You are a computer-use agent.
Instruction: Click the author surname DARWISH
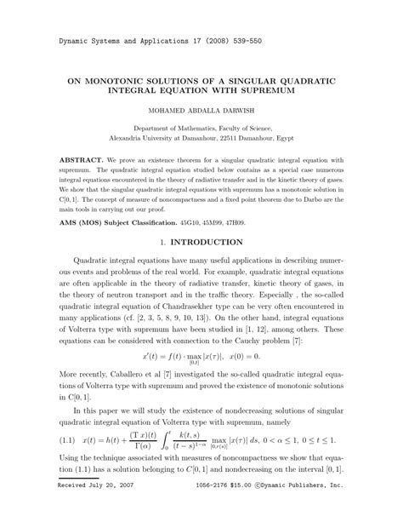tap(241, 110)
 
